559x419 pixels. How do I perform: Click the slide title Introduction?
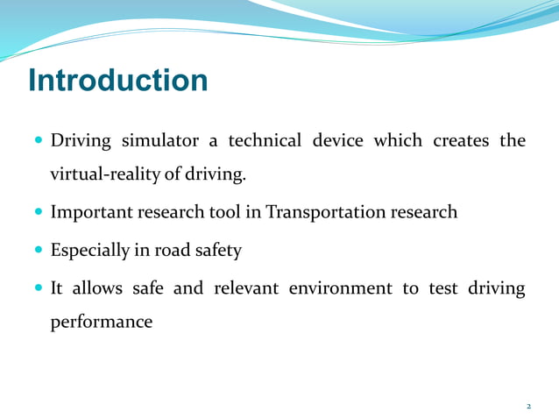pos(117,82)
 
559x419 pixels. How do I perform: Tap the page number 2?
pos(528,407)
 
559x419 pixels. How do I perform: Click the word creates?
pos(461,140)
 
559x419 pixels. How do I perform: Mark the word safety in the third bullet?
pos(218,250)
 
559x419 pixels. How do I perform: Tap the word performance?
pos(101,323)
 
